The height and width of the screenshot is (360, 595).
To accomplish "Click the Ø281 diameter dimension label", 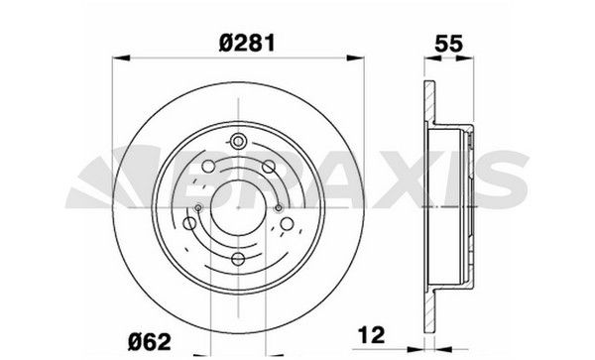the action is pyautogui.click(x=247, y=44).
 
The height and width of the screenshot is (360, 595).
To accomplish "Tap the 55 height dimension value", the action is pyautogui.click(x=449, y=44).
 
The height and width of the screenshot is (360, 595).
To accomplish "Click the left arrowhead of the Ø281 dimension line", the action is pyautogui.click(x=121, y=58).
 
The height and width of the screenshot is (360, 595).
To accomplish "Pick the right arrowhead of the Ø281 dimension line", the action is pyautogui.click(x=356, y=58).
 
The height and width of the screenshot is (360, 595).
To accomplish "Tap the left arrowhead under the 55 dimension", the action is pyautogui.click(x=432, y=59).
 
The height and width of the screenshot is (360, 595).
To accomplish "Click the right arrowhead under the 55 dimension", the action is pyautogui.click(x=465, y=59).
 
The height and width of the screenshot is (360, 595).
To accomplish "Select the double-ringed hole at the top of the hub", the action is pyautogui.click(x=238, y=142).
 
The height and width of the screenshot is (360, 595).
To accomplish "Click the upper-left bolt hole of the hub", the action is pyautogui.click(x=208, y=167).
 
